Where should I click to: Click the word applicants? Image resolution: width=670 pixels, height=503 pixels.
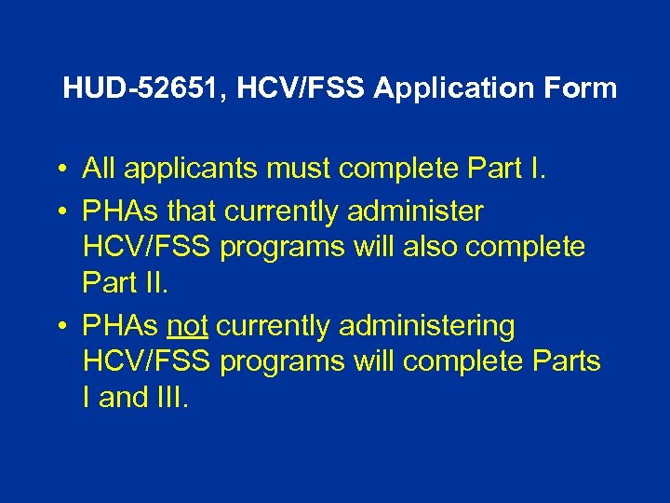coord(173,170)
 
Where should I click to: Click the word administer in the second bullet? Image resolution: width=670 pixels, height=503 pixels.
coord(415,211)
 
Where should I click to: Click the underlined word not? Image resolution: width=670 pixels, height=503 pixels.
coord(187,326)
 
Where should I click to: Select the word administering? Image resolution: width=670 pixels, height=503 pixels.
coord(427,326)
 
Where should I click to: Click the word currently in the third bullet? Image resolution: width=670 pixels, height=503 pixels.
coord(274,326)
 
